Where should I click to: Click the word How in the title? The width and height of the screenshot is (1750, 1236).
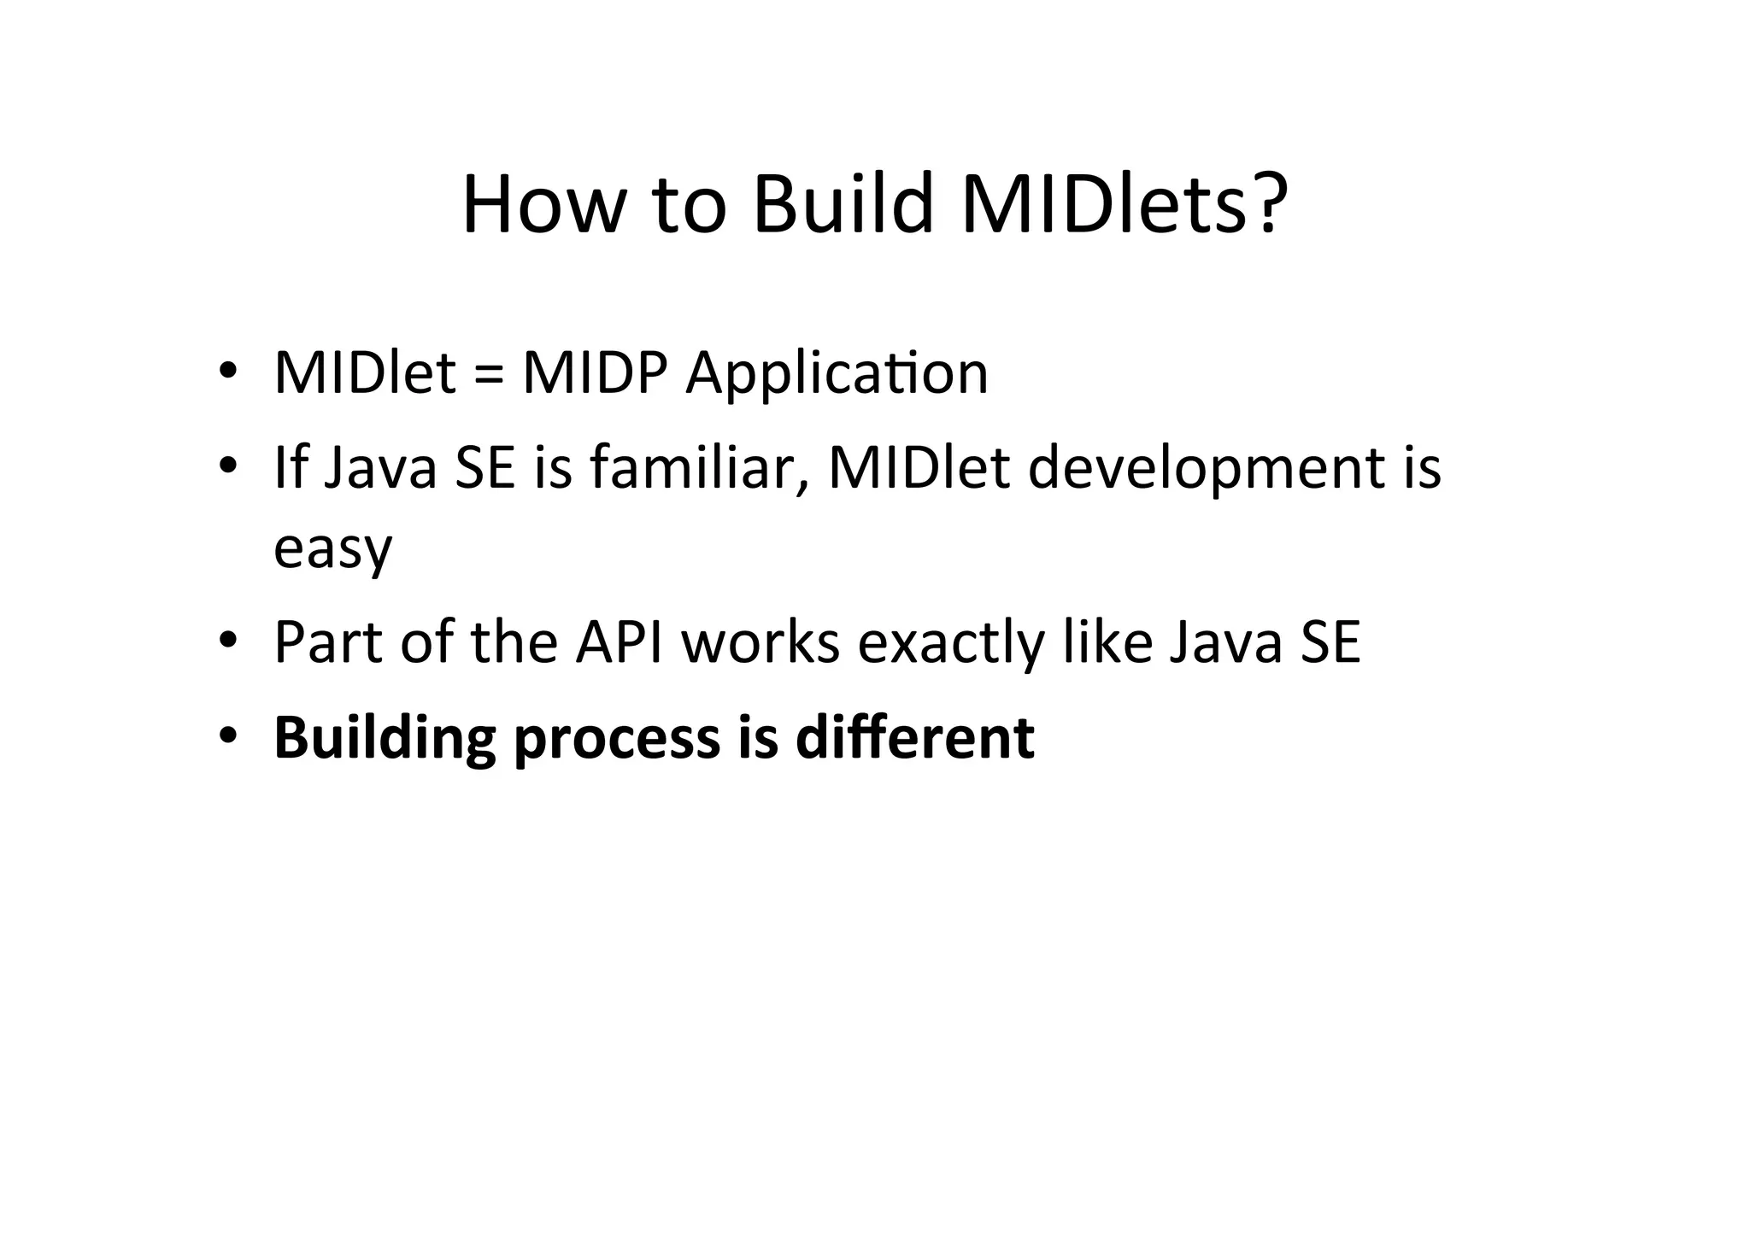click(x=539, y=206)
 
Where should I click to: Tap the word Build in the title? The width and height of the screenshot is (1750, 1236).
click(x=843, y=206)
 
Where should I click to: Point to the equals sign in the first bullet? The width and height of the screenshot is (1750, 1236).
click(x=488, y=375)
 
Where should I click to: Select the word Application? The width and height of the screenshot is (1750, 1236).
click(x=837, y=375)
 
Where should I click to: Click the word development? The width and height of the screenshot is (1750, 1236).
click(x=1206, y=471)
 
